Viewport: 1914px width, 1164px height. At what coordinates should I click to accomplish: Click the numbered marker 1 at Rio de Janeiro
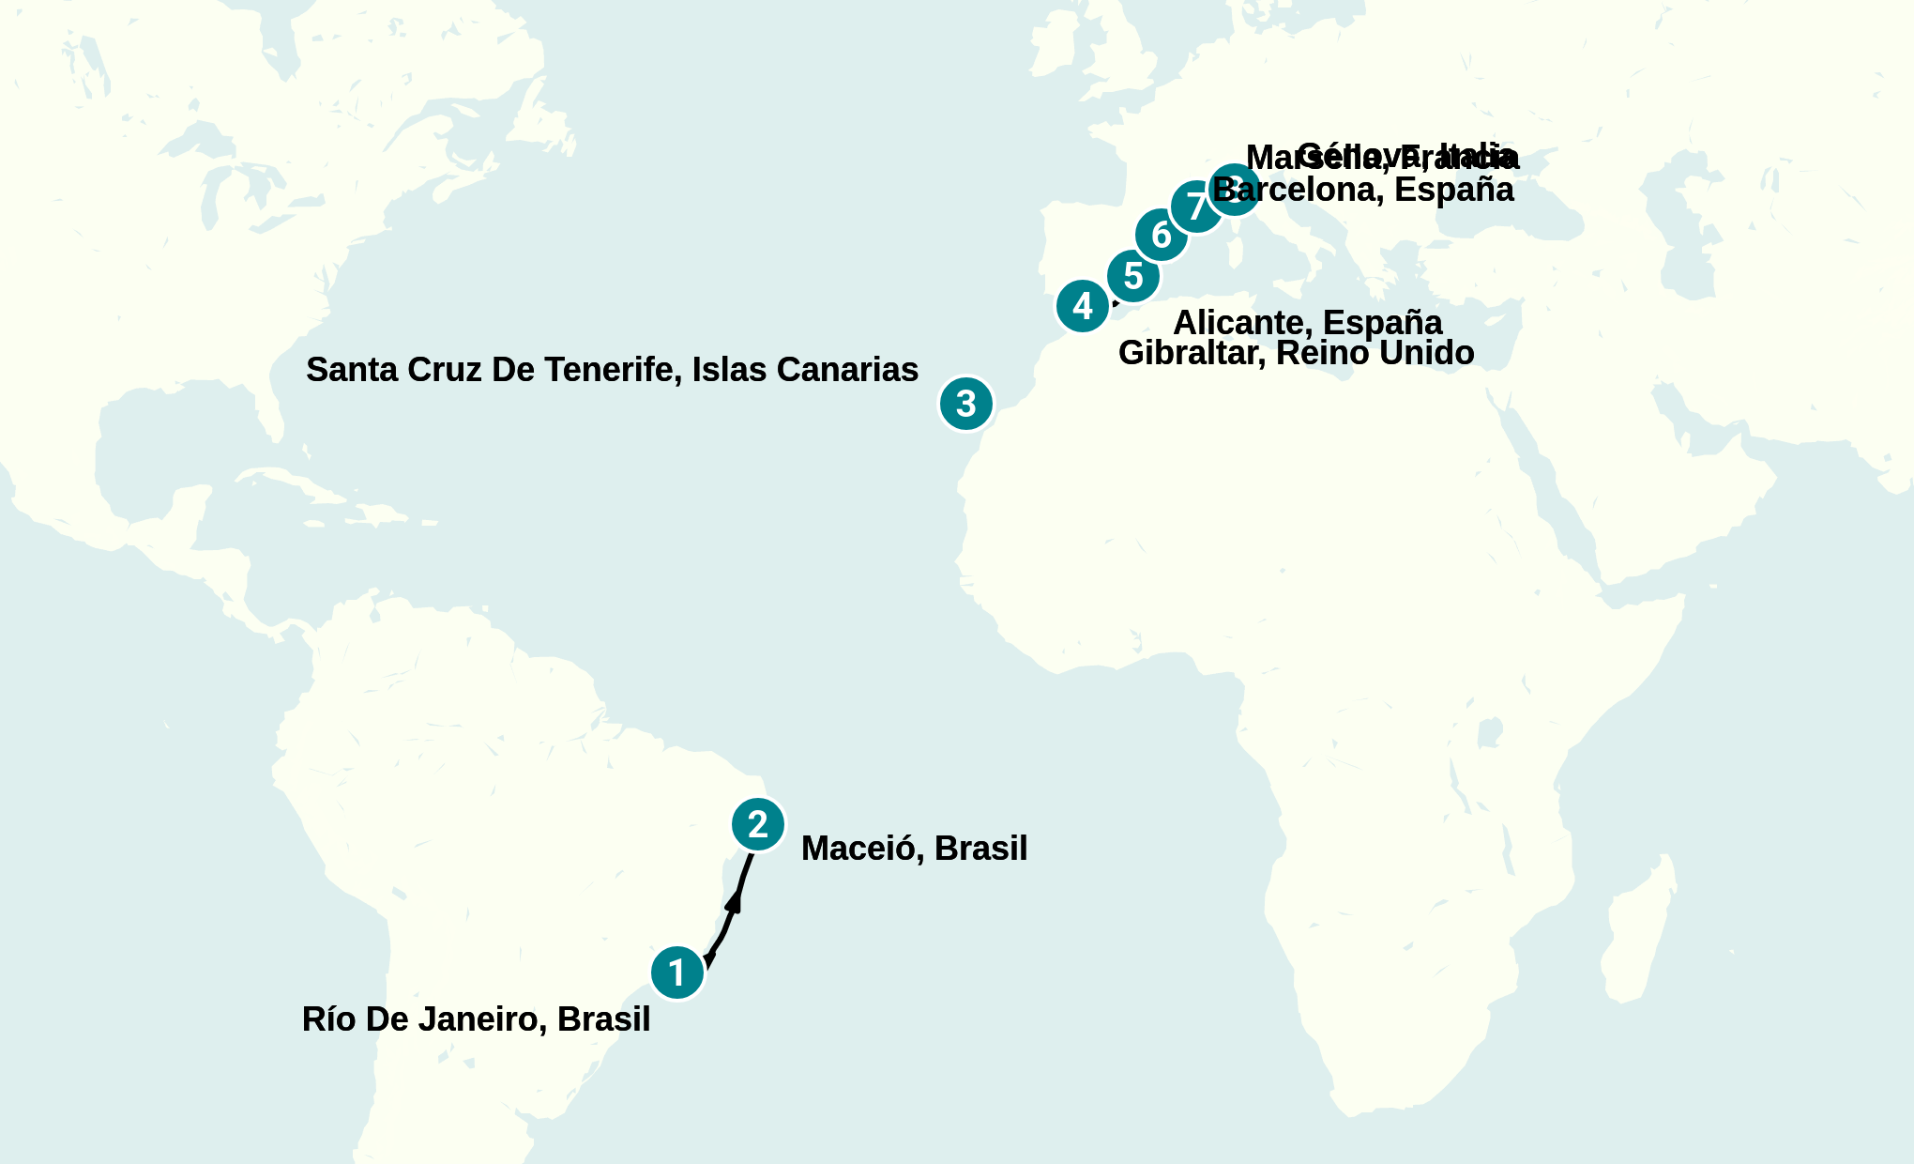[677, 973]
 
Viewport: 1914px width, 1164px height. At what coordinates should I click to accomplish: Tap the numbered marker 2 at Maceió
[758, 824]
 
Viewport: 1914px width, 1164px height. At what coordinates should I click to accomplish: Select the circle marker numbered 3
[965, 404]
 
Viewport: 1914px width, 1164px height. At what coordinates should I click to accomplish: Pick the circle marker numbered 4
[1083, 306]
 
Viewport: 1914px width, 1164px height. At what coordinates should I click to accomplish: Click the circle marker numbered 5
[1133, 276]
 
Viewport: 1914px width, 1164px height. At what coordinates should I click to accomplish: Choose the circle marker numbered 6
[1162, 235]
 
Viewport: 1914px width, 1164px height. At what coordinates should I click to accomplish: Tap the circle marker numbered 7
[1195, 207]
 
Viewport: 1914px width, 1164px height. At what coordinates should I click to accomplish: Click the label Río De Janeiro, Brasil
[476, 1019]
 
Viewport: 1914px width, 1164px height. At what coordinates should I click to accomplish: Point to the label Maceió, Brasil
[914, 849]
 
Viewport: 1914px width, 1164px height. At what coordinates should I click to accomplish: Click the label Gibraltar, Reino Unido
[1296, 354]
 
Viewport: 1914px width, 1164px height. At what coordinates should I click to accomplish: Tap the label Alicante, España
[1307, 322]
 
